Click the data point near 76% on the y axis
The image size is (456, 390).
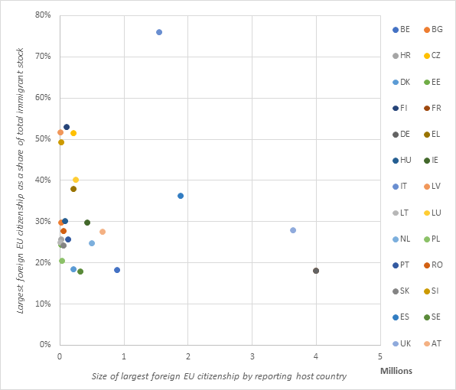158,32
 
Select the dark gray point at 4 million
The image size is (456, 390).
316,271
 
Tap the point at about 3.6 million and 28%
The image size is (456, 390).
293,230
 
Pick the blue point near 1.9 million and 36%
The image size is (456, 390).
181,196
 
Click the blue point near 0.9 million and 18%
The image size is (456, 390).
117,270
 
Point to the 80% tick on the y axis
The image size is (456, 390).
41,15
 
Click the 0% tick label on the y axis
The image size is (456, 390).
44,345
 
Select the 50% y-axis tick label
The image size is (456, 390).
41,139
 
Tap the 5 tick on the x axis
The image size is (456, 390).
380,356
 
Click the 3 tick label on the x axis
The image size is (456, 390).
252,356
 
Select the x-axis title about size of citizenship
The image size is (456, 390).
219,376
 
